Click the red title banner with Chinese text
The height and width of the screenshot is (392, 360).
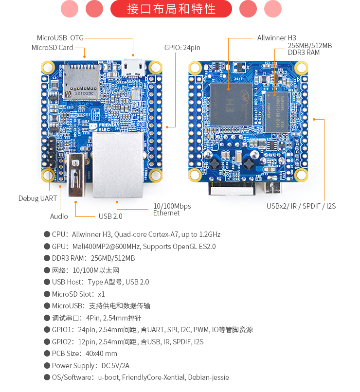click(171, 9)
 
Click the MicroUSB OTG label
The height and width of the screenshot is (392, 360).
click(60, 37)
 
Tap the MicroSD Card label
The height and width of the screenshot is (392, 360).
click(52, 48)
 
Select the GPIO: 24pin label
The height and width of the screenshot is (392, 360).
click(182, 48)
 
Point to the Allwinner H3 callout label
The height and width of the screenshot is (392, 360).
click(276, 37)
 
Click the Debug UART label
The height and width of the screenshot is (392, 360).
click(37, 198)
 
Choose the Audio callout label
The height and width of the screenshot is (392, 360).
click(59, 216)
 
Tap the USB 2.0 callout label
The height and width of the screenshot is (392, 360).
click(110, 216)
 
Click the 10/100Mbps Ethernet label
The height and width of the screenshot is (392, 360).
click(172, 210)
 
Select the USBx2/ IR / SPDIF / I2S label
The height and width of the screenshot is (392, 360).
click(301, 206)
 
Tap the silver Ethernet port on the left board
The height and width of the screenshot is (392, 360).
click(118, 165)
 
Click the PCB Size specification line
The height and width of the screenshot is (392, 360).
click(84, 354)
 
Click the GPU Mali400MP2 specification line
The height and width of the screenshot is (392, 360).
click(133, 246)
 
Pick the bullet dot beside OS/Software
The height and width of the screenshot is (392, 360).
click(47, 377)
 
